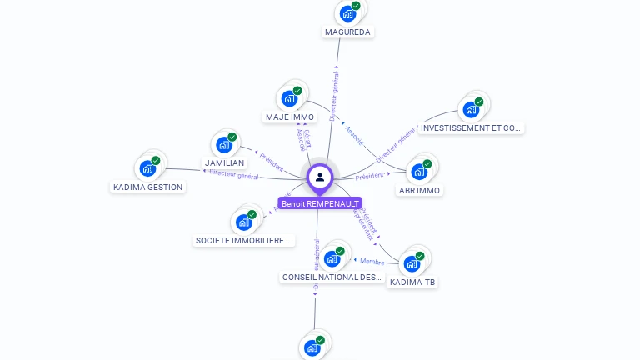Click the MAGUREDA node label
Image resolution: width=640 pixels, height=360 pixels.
click(347, 32)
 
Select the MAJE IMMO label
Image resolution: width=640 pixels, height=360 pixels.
click(290, 117)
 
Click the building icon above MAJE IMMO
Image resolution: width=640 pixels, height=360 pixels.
click(289, 98)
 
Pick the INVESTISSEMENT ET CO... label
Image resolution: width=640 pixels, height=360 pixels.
click(472, 128)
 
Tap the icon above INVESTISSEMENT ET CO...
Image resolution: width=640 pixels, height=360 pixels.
click(471, 109)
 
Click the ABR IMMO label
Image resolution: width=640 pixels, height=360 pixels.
click(420, 190)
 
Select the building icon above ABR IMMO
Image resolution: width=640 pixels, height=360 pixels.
click(419, 172)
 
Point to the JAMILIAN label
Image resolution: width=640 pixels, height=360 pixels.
click(224, 163)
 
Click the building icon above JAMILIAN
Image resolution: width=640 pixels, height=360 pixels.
click(224, 144)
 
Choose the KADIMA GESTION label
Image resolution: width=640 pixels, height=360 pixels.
click(147, 187)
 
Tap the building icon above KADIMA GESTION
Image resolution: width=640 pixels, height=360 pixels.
click(147, 167)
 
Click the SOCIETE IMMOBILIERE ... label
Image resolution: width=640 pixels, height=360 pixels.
click(244, 241)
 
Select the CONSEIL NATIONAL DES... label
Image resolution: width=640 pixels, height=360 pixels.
click(332, 277)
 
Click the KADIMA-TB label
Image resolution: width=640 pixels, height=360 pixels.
click(412, 282)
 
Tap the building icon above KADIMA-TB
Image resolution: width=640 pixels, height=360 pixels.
click(412, 263)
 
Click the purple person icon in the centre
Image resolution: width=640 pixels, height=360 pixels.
click(320, 177)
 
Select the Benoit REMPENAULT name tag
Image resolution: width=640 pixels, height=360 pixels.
click(320, 203)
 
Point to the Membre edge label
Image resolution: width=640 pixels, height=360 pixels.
click(372, 262)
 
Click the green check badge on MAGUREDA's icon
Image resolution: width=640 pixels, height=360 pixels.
click(356, 6)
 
